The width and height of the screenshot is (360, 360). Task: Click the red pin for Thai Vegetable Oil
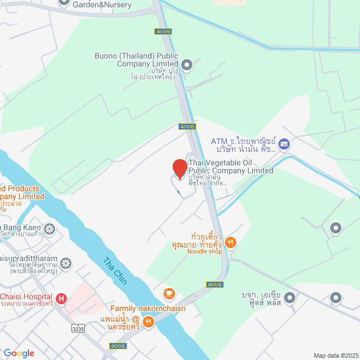coord(179,169)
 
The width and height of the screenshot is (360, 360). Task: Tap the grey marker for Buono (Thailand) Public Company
coord(188,66)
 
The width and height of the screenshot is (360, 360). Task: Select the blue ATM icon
coord(284,144)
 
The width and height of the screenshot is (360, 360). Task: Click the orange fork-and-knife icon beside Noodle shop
coord(230,243)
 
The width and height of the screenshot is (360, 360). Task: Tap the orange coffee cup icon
coord(169,293)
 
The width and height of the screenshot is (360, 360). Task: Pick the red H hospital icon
coord(61,298)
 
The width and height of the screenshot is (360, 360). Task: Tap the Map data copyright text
coord(335,355)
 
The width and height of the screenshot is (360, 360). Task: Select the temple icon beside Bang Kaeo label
coord(49,229)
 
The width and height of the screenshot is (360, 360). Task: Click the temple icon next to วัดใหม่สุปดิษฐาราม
coord(66,263)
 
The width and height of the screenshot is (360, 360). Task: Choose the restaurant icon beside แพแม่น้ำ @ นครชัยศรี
coord(148,322)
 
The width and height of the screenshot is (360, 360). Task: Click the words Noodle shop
coord(205,251)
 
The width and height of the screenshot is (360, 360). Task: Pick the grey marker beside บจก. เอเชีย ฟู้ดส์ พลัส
coord(290,297)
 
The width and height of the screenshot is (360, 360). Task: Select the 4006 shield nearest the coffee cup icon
coord(215,285)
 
